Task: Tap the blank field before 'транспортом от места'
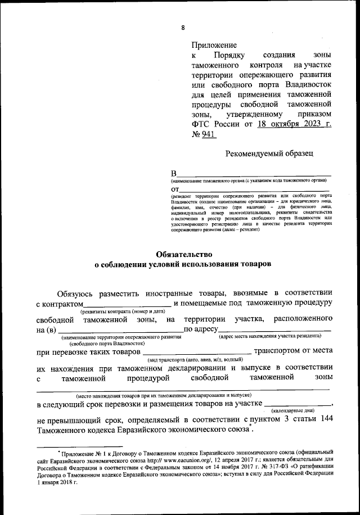point(196,352)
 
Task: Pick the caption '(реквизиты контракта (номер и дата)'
point(122,311)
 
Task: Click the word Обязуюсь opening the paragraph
point(76,293)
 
